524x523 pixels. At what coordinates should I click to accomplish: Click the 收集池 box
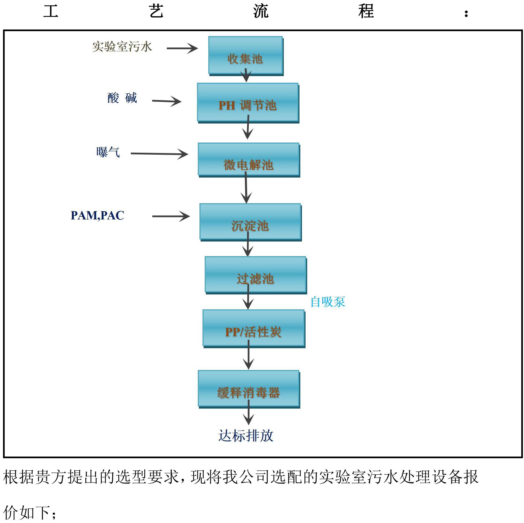245,55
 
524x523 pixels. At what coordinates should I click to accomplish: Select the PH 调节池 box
248,102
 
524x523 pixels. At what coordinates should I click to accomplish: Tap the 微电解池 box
249,159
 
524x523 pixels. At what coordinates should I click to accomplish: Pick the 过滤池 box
255,274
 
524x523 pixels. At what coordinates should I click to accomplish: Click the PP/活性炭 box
253,328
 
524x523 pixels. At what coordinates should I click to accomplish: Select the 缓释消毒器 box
249,388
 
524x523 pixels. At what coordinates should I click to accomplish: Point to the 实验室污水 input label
122,47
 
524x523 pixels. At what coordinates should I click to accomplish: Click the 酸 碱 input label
122,98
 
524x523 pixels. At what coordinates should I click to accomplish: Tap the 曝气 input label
108,152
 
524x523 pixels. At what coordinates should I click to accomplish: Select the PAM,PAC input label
97,216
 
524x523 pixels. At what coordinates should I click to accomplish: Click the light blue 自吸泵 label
328,302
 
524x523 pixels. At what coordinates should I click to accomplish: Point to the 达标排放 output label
246,436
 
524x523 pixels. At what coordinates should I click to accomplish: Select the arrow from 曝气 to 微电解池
159,154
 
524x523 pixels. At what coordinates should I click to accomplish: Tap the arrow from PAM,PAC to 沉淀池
171,216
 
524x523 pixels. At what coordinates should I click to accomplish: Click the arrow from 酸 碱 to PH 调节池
166,101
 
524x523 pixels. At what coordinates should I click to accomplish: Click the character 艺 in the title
156,12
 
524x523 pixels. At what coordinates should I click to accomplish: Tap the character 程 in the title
366,12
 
